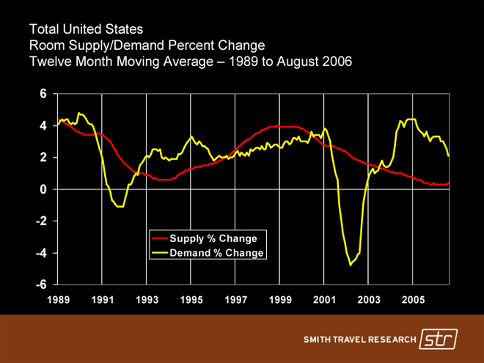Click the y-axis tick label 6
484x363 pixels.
tap(43, 94)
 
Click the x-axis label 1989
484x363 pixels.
tap(58, 300)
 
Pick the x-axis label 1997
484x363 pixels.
tap(235, 300)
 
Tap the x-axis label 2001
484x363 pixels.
tap(324, 300)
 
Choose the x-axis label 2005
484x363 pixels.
tap(413, 300)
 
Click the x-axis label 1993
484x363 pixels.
tap(147, 300)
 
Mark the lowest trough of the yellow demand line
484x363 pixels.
tap(351, 265)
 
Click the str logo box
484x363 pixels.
tap(439, 340)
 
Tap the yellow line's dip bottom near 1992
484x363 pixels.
tap(120, 207)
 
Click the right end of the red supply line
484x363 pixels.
tap(448, 183)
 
